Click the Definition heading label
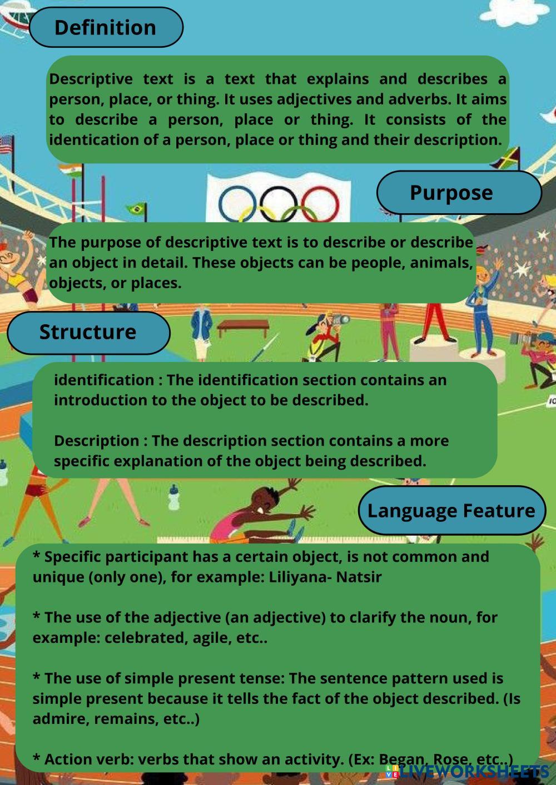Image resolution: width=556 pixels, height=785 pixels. coord(105,27)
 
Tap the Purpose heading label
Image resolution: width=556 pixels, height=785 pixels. coord(451,193)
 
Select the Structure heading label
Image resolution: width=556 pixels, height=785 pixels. coord(87,332)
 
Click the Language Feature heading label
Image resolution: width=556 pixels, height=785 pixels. coord(451,511)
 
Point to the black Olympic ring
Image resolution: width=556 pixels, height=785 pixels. coord(280,204)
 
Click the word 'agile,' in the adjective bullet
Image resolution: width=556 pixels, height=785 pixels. coord(212,637)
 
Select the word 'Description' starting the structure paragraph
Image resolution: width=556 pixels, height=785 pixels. coord(97,441)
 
